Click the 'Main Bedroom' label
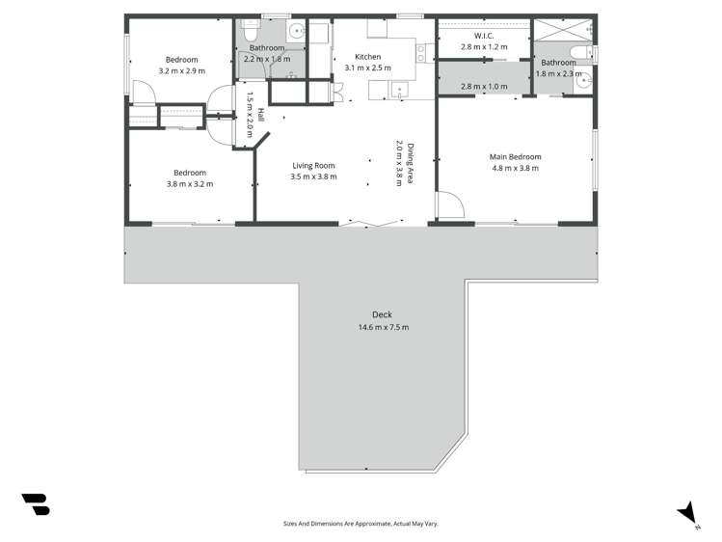(x=515, y=156)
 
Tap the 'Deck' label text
(x=382, y=315)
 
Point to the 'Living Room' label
(x=313, y=165)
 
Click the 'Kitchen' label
(x=367, y=57)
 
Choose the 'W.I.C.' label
(x=484, y=36)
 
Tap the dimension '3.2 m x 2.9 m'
(x=181, y=70)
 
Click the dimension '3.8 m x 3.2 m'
(x=189, y=184)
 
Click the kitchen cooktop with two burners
(x=421, y=52)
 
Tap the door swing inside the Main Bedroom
(x=447, y=205)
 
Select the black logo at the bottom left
(x=35, y=503)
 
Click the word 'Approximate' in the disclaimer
(x=371, y=524)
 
